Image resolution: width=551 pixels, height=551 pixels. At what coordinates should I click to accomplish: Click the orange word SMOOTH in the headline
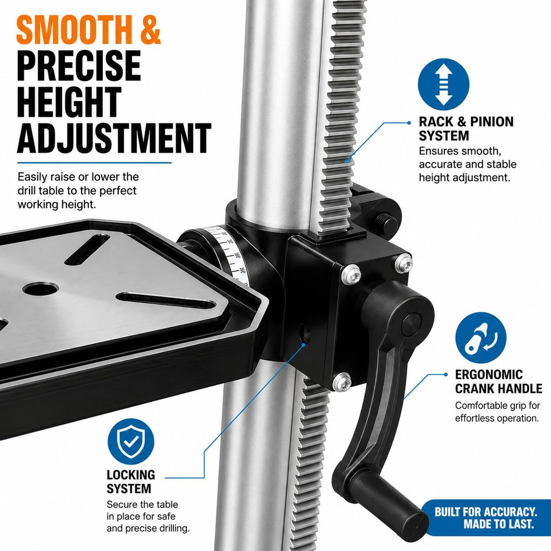tap(75, 30)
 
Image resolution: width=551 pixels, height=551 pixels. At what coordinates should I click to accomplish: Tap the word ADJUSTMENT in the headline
tap(114, 138)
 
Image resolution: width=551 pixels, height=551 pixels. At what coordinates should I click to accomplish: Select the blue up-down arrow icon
tap(443, 84)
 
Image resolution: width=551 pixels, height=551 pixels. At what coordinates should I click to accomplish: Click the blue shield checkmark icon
tap(131, 441)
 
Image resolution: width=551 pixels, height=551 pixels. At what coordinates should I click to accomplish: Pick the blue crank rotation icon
tap(481, 338)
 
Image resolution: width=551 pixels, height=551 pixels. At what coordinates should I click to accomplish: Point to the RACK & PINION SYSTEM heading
tap(466, 129)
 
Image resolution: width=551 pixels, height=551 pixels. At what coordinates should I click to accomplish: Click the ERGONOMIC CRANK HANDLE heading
tap(498, 382)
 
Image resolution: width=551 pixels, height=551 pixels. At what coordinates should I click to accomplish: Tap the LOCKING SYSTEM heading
tap(131, 482)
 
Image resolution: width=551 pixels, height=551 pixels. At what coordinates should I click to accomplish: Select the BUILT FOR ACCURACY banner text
tap(485, 518)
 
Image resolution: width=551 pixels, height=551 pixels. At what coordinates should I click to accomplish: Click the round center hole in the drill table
tap(40, 289)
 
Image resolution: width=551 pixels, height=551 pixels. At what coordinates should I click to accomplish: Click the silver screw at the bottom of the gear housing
tap(342, 382)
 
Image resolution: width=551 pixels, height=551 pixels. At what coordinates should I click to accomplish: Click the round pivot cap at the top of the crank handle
tap(411, 323)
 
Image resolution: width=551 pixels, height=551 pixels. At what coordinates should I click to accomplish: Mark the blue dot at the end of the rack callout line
tap(409, 123)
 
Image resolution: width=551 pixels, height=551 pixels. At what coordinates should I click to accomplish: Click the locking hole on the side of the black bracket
tap(305, 334)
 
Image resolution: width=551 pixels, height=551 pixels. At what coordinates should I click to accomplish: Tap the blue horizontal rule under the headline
tap(95, 163)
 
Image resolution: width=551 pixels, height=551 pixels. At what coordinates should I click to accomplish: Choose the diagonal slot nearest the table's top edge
tap(87, 250)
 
